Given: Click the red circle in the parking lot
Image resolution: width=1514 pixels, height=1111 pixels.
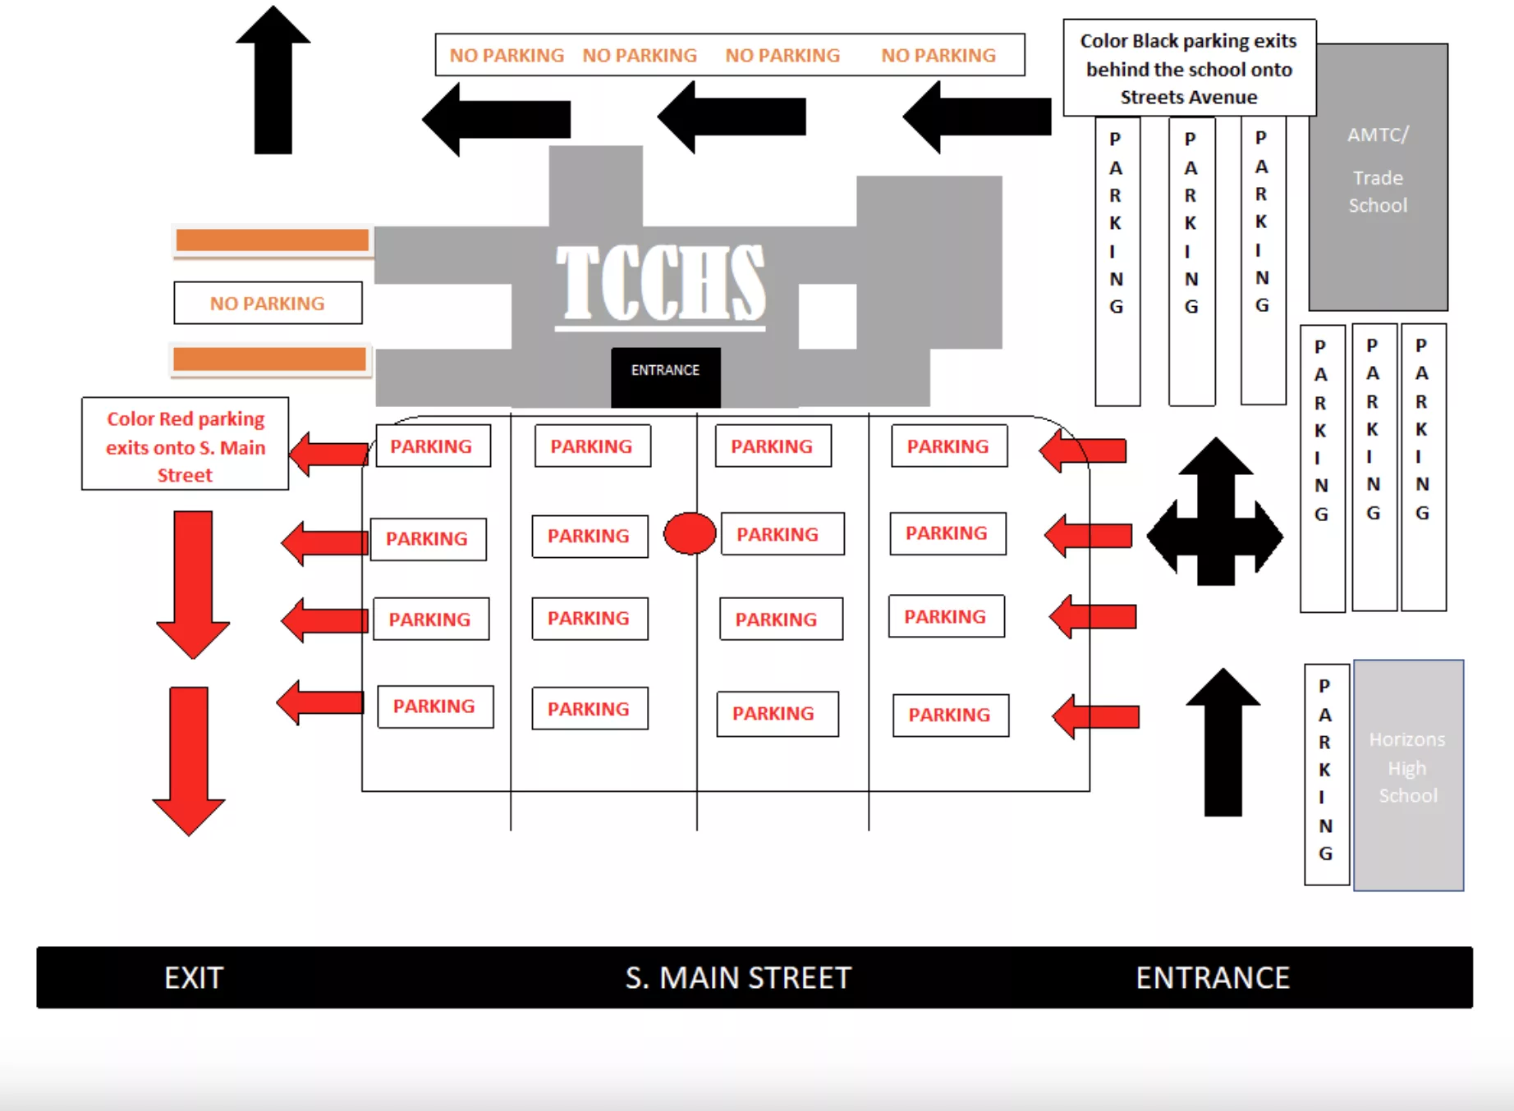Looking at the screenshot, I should (x=690, y=533).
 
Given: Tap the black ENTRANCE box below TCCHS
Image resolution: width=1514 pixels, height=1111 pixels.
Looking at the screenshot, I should (x=665, y=377).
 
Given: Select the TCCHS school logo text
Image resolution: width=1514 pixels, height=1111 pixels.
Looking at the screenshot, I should (x=660, y=284).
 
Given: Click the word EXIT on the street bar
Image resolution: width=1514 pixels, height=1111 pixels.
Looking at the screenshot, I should (x=194, y=977).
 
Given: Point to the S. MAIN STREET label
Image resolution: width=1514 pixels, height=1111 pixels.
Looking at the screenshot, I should (x=738, y=977).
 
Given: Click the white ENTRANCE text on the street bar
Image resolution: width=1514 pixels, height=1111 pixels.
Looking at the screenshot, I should (x=1213, y=977).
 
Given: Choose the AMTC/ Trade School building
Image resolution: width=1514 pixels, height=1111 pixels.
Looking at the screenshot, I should (x=1378, y=177).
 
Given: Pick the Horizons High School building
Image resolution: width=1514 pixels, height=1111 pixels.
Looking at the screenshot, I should (x=1408, y=775).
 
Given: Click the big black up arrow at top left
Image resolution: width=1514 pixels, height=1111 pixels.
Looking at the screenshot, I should (x=273, y=80).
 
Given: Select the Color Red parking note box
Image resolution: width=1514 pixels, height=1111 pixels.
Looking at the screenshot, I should (x=186, y=444).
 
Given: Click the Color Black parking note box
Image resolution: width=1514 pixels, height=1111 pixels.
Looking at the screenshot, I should (x=1189, y=68).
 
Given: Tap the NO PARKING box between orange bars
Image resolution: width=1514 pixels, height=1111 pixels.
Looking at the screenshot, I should (x=268, y=303).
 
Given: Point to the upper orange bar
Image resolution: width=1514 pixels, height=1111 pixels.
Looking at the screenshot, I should (x=272, y=240).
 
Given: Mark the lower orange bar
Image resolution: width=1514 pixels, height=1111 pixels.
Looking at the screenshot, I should (x=269, y=359).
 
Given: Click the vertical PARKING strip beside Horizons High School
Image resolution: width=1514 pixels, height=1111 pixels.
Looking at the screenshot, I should (x=1326, y=774).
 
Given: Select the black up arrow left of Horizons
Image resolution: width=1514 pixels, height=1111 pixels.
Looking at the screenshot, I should (x=1223, y=742).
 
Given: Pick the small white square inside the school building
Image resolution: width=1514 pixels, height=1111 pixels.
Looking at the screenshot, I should (x=828, y=316).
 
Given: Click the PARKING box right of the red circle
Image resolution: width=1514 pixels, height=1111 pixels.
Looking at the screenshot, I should (x=782, y=534).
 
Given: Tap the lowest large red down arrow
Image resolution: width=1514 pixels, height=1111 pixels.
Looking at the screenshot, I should (x=189, y=760).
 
